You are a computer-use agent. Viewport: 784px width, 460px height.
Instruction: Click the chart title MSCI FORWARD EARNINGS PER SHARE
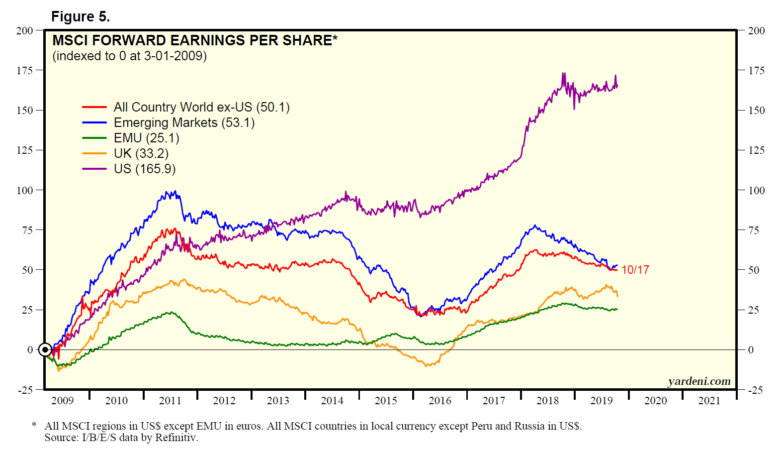tap(194, 40)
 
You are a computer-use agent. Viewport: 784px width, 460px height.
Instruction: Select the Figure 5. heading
tap(80, 17)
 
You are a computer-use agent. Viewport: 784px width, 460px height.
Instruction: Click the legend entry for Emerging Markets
tap(184, 122)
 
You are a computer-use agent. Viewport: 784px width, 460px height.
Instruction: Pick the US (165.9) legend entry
tap(145, 169)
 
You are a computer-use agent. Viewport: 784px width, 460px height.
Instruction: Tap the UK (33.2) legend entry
tap(141, 153)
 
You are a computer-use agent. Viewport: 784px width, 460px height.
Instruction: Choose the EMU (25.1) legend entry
tap(147, 138)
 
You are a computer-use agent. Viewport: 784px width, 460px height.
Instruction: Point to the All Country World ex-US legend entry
tap(201, 107)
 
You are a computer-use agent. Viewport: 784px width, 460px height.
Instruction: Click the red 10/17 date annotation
tap(635, 270)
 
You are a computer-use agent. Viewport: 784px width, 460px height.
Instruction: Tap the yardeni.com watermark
tap(699, 381)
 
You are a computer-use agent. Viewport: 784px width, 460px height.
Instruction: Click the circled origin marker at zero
tap(45, 349)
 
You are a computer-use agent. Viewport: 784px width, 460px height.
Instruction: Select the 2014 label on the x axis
tap(332, 401)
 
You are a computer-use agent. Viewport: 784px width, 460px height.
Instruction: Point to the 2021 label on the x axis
tap(709, 401)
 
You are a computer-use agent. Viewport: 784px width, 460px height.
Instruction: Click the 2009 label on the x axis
tap(62, 401)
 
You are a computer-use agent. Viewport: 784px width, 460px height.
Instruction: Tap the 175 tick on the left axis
tap(24, 71)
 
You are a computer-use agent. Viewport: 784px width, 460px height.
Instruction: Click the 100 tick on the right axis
tap(756, 190)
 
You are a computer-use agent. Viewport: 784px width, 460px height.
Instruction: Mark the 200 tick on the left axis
tap(24, 31)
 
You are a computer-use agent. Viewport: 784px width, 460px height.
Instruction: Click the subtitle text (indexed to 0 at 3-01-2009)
tap(129, 56)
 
